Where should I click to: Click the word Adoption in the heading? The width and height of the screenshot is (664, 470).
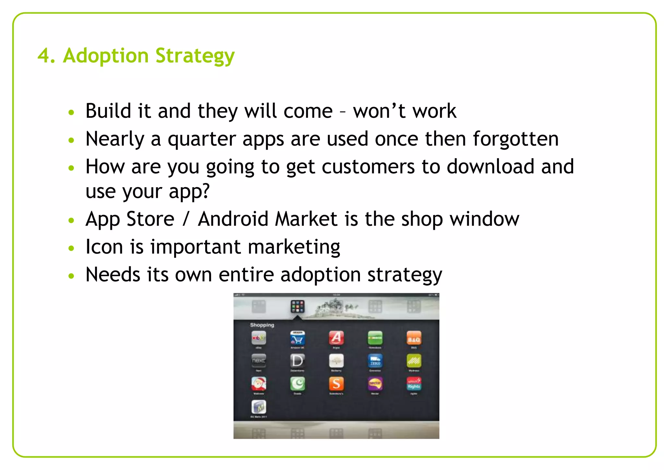105,56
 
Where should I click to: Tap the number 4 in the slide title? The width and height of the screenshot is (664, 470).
43,56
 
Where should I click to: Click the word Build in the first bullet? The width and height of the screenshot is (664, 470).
108,111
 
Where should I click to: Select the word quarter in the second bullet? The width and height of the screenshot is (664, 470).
201,139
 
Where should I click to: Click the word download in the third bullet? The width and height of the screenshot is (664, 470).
490,167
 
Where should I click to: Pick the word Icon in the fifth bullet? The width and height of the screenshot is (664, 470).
104,247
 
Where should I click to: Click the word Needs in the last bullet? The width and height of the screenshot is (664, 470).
113,275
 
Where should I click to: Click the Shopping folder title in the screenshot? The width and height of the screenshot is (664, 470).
262,325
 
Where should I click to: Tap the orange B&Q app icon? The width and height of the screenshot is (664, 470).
414,338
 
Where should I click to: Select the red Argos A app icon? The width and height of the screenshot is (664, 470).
336,338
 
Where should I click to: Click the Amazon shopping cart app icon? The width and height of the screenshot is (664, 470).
297,338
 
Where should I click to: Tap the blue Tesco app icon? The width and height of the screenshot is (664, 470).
375,361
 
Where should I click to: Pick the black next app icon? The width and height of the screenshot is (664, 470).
259,361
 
